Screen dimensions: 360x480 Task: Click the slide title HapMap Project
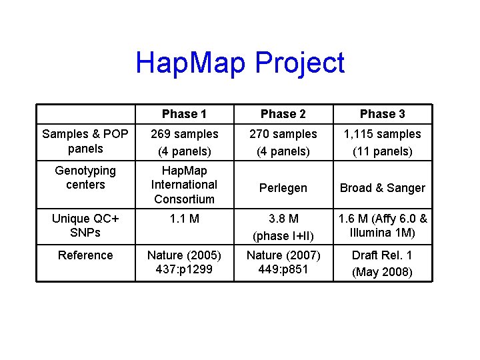pyautogui.click(x=240, y=63)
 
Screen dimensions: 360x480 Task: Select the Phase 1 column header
pyautogui.click(x=184, y=114)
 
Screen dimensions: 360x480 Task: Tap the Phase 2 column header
pyautogui.click(x=283, y=114)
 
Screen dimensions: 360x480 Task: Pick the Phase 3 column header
pyautogui.click(x=382, y=114)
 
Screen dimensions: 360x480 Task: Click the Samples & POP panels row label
pyautogui.click(x=85, y=141)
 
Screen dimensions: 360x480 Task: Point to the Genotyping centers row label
pyautogui.click(x=85, y=178)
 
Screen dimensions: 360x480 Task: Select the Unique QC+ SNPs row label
pyautogui.click(x=85, y=225)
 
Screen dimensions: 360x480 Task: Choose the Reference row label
pyautogui.click(x=85, y=255)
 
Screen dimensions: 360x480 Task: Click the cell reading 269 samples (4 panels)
pyautogui.click(x=184, y=143)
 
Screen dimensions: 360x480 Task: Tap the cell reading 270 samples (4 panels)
pyautogui.click(x=283, y=143)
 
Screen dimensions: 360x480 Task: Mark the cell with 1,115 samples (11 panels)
pyautogui.click(x=382, y=143)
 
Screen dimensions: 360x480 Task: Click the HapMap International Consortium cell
pyautogui.click(x=184, y=185)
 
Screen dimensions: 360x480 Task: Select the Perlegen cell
pyautogui.click(x=283, y=188)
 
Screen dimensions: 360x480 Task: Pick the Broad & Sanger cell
pyautogui.click(x=382, y=188)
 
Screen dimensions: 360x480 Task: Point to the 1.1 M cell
pyautogui.click(x=184, y=219)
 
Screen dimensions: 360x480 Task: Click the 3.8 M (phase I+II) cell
pyautogui.click(x=283, y=227)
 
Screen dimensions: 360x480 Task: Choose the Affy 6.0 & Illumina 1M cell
pyautogui.click(x=382, y=225)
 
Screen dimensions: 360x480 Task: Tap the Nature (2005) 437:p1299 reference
pyautogui.click(x=184, y=262)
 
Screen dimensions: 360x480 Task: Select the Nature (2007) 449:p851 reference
pyautogui.click(x=283, y=262)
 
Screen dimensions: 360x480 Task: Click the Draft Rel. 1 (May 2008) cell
pyautogui.click(x=382, y=263)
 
